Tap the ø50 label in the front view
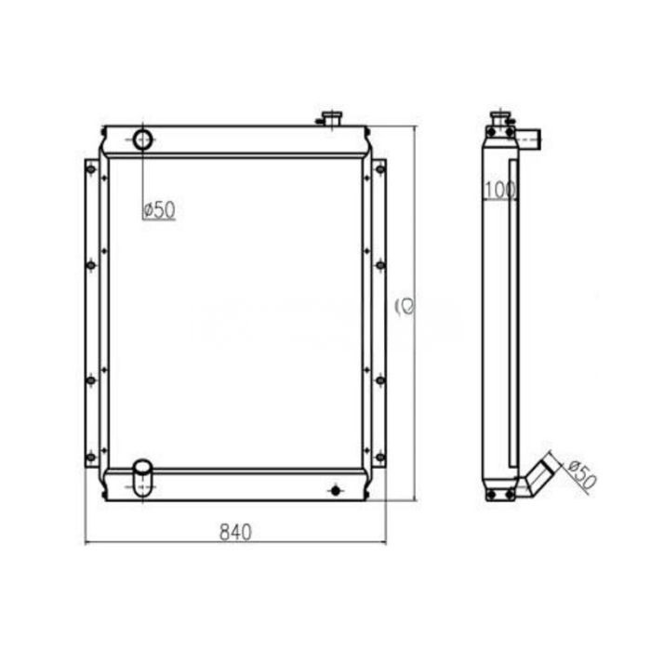pos(159,210)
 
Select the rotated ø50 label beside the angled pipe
pos(579,474)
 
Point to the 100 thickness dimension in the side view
pos(500,191)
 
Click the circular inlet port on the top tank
pos(142,140)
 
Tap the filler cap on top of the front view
pos(330,118)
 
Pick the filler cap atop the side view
pos(500,120)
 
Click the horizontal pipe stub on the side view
pos(530,140)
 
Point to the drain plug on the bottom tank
pos(336,489)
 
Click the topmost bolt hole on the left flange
pos(90,168)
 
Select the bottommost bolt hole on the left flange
pos(90,457)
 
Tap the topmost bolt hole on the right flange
pos(379,168)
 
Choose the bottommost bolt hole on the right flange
pos(379,457)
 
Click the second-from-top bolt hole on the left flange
pos(90,265)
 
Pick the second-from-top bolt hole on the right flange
pos(379,265)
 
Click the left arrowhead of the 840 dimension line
pos(87,542)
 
